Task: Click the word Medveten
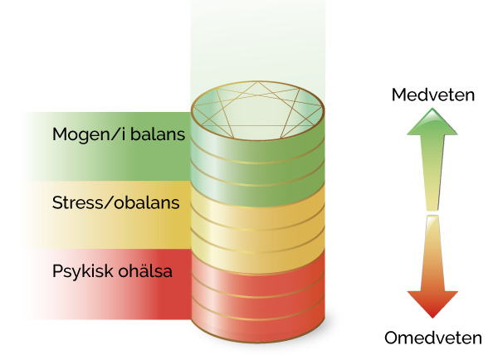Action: [433, 95]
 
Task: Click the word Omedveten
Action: [433, 338]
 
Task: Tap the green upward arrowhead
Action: [432, 122]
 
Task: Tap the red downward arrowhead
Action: [432, 304]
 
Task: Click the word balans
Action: [158, 134]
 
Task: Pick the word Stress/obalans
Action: [115, 202]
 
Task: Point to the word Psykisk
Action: [83, 271]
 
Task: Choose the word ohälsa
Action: [145, 270]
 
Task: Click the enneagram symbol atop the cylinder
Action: [258, 110]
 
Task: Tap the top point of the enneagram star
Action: [258, 82]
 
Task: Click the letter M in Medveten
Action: [398, 95]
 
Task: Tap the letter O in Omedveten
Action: [392, 338]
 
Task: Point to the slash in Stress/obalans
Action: [108, 202]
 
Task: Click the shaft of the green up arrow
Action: [432, 173]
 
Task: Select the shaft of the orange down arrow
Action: [432, 253]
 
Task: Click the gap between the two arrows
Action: [432, 213]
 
